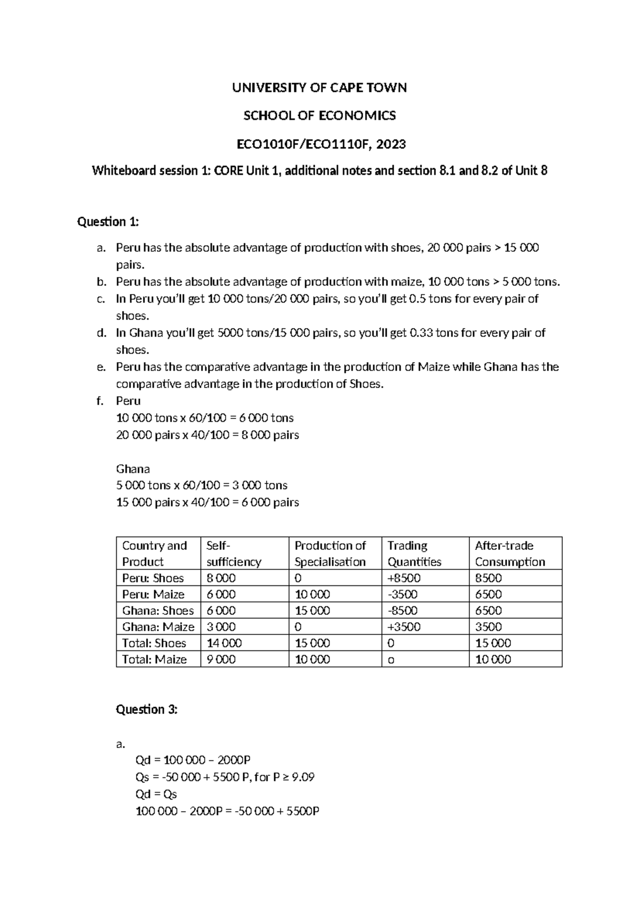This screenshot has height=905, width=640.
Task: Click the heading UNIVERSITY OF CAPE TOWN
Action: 319,88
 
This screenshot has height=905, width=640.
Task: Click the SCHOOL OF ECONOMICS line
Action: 319,116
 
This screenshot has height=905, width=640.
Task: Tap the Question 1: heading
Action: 108,222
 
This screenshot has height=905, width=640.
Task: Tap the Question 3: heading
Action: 147,709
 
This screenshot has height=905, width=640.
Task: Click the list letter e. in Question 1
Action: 101,367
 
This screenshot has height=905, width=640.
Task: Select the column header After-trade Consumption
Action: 510,553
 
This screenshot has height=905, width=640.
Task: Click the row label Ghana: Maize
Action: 158,627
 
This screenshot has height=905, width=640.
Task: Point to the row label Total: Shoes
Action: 154,643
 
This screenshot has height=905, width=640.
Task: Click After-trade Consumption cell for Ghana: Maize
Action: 488,627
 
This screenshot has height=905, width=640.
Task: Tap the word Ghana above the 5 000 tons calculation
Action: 133,469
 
